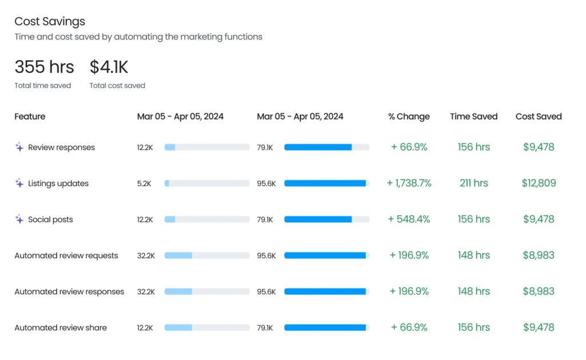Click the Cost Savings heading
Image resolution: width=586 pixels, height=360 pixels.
[x=50, y=22]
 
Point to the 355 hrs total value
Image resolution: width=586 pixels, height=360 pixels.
[x=44, y=67]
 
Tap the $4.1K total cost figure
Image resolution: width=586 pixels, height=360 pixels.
[x=109, y=67]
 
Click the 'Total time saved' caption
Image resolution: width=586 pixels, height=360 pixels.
[x=42, y=86]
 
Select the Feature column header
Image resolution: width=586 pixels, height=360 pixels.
[x=30, y=117]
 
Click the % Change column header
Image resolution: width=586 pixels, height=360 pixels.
[x=409, y=117]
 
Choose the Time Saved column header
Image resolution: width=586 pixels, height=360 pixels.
[x=473, y=117]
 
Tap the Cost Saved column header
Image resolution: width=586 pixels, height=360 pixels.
[x=539, y=117]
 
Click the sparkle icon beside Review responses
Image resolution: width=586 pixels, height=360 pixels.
[x=19, y=147]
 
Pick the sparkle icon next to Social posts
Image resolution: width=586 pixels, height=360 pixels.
[x=19, y=219]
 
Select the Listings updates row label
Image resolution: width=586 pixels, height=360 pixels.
[x=58, y=184]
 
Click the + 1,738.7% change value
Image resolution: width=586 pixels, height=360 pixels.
[x=409, y=183]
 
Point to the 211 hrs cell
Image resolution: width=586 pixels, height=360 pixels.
[x=474, y=183]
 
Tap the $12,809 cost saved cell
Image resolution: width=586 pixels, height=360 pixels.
[x=539, y=183]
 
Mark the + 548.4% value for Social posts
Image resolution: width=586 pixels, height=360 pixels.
[x=409, y=219]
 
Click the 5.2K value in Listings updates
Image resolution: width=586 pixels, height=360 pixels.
[x=144, y=184]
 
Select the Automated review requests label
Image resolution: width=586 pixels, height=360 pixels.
[x=66, y=256]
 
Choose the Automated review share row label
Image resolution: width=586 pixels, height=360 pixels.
[x=61, y=328]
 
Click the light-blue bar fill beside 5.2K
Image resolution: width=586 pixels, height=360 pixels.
[x=167, y=184]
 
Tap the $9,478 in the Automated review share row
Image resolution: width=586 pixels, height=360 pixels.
[x=539, y=327]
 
